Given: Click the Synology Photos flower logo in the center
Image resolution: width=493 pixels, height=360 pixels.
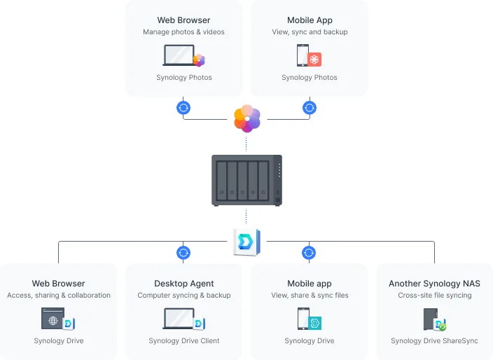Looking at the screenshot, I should [x=246, y=118].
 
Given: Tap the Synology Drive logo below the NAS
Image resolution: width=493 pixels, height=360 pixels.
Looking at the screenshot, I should [x=246, y=242].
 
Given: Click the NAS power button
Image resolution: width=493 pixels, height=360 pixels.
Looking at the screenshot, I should [x=278, y=200].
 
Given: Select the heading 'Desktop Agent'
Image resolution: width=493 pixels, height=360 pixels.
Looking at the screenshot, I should [x=184, y=284].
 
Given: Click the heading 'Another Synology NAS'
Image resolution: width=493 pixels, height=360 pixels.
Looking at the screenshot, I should [x=434, y=284].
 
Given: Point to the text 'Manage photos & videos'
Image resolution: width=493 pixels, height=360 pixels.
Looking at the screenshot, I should [x=183, y=32].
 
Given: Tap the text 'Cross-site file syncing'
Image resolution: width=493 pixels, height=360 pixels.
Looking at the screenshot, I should [x=434, y=296].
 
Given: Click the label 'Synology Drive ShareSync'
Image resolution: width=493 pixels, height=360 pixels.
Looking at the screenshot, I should [x=434, y=341].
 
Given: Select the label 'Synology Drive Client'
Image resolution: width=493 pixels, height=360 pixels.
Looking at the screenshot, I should [x=184, y=341].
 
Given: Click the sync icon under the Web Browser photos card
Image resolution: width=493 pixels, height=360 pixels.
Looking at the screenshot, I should [x=183, y=108].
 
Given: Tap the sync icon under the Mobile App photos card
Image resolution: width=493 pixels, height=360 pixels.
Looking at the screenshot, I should [x=310, y=108].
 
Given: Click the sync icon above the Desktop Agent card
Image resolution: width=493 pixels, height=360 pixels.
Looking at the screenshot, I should [x=183, y=253].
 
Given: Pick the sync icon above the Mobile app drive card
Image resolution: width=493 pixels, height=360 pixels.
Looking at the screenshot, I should [x=310, y=253].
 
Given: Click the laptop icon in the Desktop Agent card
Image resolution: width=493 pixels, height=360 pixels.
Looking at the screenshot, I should [x=179, y=319].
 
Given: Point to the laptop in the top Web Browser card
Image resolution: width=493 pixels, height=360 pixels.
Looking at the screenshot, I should [x=179, y=55].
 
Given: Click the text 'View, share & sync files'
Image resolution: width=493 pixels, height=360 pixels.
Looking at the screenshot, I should [x=310, y=296].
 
